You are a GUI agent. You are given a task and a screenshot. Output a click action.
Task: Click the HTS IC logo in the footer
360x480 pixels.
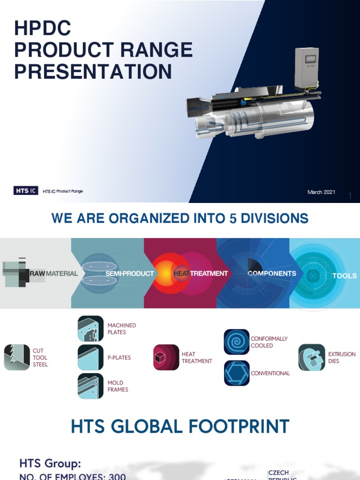tap(25, 190)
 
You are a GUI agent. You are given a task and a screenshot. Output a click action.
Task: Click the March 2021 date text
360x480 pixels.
tap(321, 192)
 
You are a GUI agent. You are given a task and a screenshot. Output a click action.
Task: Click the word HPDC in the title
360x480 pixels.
tap(43, 29)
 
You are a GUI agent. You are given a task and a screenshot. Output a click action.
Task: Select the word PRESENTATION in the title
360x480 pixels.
tap(93, 72)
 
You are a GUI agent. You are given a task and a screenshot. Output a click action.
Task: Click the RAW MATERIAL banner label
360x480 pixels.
tap(54, 273)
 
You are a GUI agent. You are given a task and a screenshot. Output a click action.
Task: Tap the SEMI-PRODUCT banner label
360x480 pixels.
tap(129, 273)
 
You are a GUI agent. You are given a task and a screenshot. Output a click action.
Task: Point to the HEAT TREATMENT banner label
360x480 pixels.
tap(201, 273)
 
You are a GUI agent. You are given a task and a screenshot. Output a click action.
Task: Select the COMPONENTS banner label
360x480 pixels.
tap(272, 273)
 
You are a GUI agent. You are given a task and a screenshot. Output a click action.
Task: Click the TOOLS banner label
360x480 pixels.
tap(344, 276)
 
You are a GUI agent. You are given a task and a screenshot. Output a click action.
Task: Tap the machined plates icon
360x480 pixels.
tap(90, 329)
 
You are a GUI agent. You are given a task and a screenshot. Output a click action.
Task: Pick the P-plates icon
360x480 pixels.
tap(90, 357)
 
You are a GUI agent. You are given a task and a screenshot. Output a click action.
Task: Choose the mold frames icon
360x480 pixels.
tap(90, 386)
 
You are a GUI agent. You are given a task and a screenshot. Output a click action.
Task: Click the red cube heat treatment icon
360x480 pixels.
tap(166, 357)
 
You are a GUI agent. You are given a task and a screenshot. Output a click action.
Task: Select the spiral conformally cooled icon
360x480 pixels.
tap(237, 342)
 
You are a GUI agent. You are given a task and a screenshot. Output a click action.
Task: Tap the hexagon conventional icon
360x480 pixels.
tap(237, 373)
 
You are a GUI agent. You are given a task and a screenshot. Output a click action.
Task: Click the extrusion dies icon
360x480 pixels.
tap(312, 357)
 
